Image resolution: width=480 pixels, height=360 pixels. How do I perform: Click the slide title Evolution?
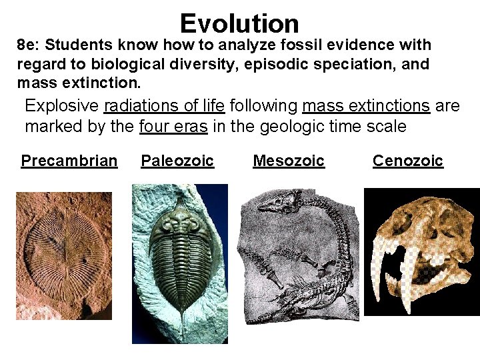pos(239,23)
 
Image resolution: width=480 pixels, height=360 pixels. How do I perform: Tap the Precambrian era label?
pos(69,161)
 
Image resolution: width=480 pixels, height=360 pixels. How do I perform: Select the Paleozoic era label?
pos(177,161)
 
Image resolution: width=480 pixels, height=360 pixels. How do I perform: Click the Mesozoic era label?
pos(289,161)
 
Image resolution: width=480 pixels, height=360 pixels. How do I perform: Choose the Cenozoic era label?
pos(407,161)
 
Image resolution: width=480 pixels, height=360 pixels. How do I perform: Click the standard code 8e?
pos(29,45)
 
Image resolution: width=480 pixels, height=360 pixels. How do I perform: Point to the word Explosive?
pos(62,106)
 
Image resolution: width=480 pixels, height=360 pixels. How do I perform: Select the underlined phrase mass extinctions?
pos(366,106)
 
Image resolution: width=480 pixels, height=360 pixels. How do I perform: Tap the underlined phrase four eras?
pos(174,126)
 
